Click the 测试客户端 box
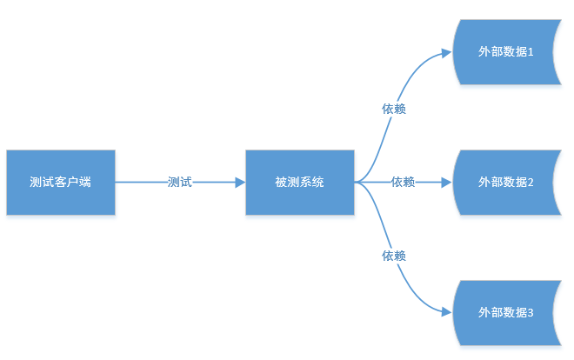(61, 183)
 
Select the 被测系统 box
(299, 183)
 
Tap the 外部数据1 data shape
(505, 52)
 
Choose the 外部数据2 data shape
(505, 183)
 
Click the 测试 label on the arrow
(180, 183)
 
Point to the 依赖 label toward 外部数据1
(394, 110)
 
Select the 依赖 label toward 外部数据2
(403, 183)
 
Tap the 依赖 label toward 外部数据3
(394, 256)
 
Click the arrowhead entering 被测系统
(240, 183)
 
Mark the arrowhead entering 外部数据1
(447, 52)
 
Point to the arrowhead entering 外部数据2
(447, 183)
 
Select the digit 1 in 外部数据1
(530, 52)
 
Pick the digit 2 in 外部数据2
(530, 183)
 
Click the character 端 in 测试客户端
(85, 183)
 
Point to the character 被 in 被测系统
(280, 183)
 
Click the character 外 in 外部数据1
(484, 52)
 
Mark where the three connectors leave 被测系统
(356, 183)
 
